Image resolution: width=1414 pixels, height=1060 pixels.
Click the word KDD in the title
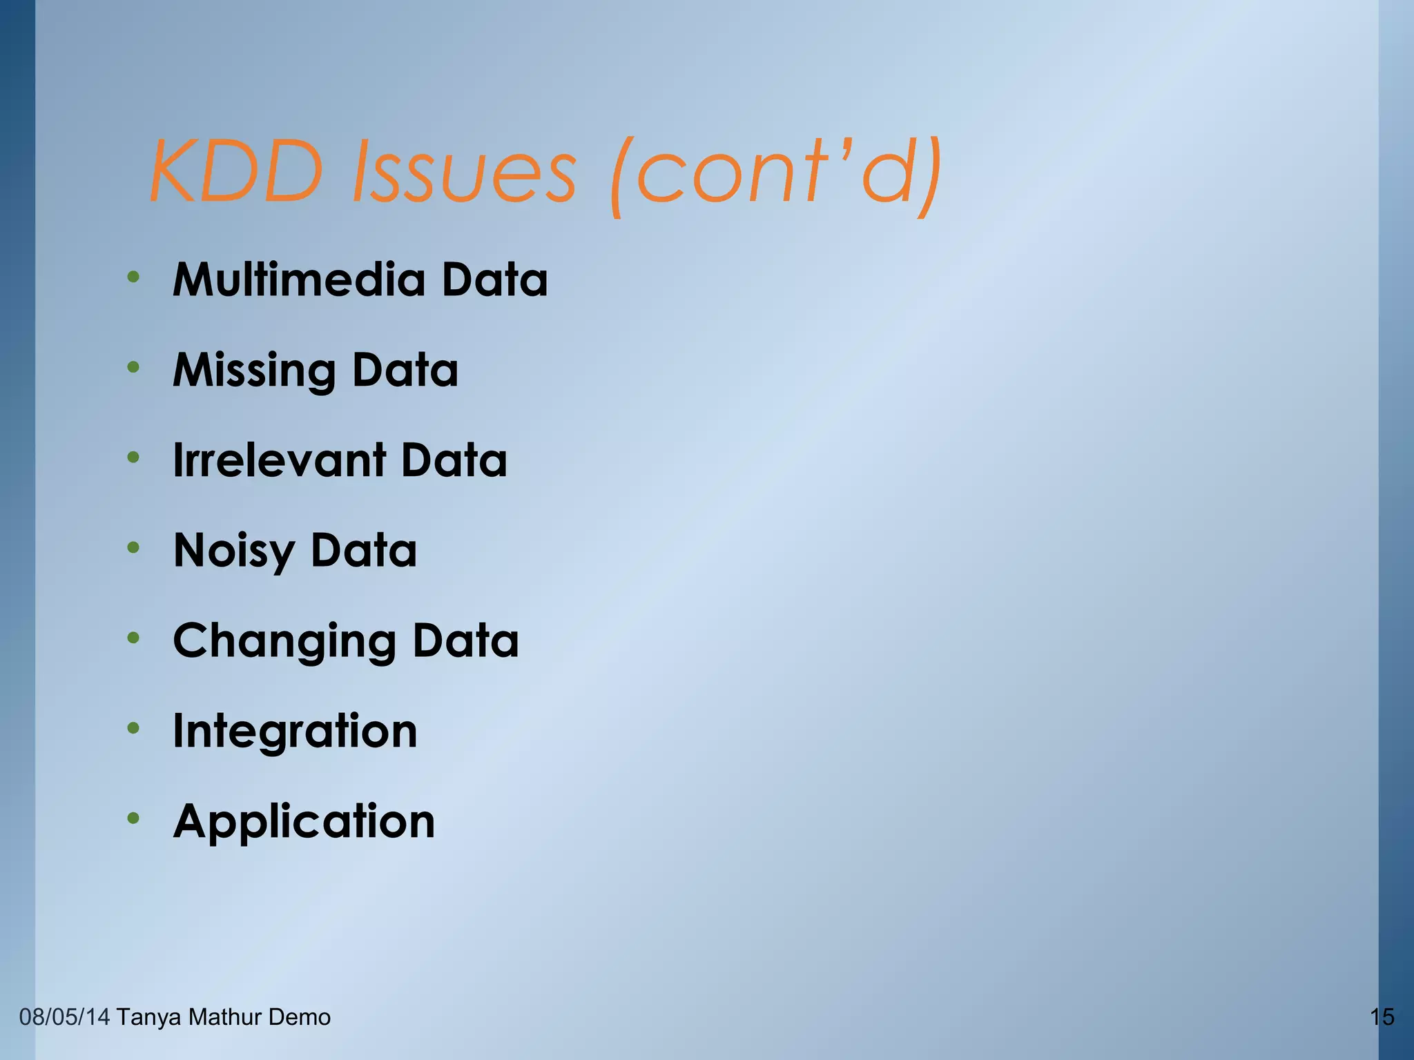pyautogui.click(x=236, y=171)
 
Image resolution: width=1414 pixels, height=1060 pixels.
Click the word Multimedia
pyautogui.click(x=298, y=279)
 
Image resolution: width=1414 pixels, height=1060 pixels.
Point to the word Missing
pyautogui.click(x=254, y=371)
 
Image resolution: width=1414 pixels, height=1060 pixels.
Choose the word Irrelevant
pyautogui.click(x=279, y=460)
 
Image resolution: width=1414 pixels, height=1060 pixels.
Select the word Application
pyautogui.click(x=304, y=822)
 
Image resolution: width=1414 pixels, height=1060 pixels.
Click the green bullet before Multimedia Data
pyautogui.click(x=133, y=277)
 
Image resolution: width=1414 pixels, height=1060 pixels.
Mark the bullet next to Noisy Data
pyautogui.click(x=133, y=549)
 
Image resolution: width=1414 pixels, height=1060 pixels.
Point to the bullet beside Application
pyautogui.click(x=133, y=819)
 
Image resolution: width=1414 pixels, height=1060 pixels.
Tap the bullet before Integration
pyautogui.click(x=133, y=729)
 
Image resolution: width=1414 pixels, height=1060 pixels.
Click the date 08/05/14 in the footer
pyautogui.click(x=64, y=1017)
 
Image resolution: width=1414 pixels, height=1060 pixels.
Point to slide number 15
pyautogui.click(x=1382, y=1017)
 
